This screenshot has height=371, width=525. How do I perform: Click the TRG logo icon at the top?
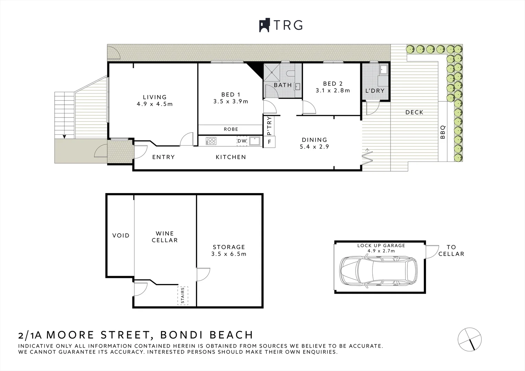264,25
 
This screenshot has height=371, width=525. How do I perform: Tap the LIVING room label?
155,97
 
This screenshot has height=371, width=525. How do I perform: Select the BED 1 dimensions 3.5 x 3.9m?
231,101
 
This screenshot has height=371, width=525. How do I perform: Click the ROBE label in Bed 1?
231,129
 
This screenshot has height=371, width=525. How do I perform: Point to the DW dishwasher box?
242,141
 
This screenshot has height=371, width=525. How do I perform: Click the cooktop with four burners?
211,141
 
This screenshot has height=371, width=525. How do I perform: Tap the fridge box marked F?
269,142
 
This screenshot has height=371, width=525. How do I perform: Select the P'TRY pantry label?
269,126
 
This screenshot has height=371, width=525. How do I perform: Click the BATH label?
283,85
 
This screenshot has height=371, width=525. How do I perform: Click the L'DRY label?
375,91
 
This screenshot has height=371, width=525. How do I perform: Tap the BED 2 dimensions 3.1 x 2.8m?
333,90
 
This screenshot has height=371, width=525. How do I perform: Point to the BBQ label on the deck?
443,132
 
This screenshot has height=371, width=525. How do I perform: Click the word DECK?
414,112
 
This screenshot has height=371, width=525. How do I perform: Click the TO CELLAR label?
451,250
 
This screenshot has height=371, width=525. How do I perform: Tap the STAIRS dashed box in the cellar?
183,295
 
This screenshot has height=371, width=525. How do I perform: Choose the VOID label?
121,235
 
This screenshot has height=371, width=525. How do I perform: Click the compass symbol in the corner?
469,339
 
